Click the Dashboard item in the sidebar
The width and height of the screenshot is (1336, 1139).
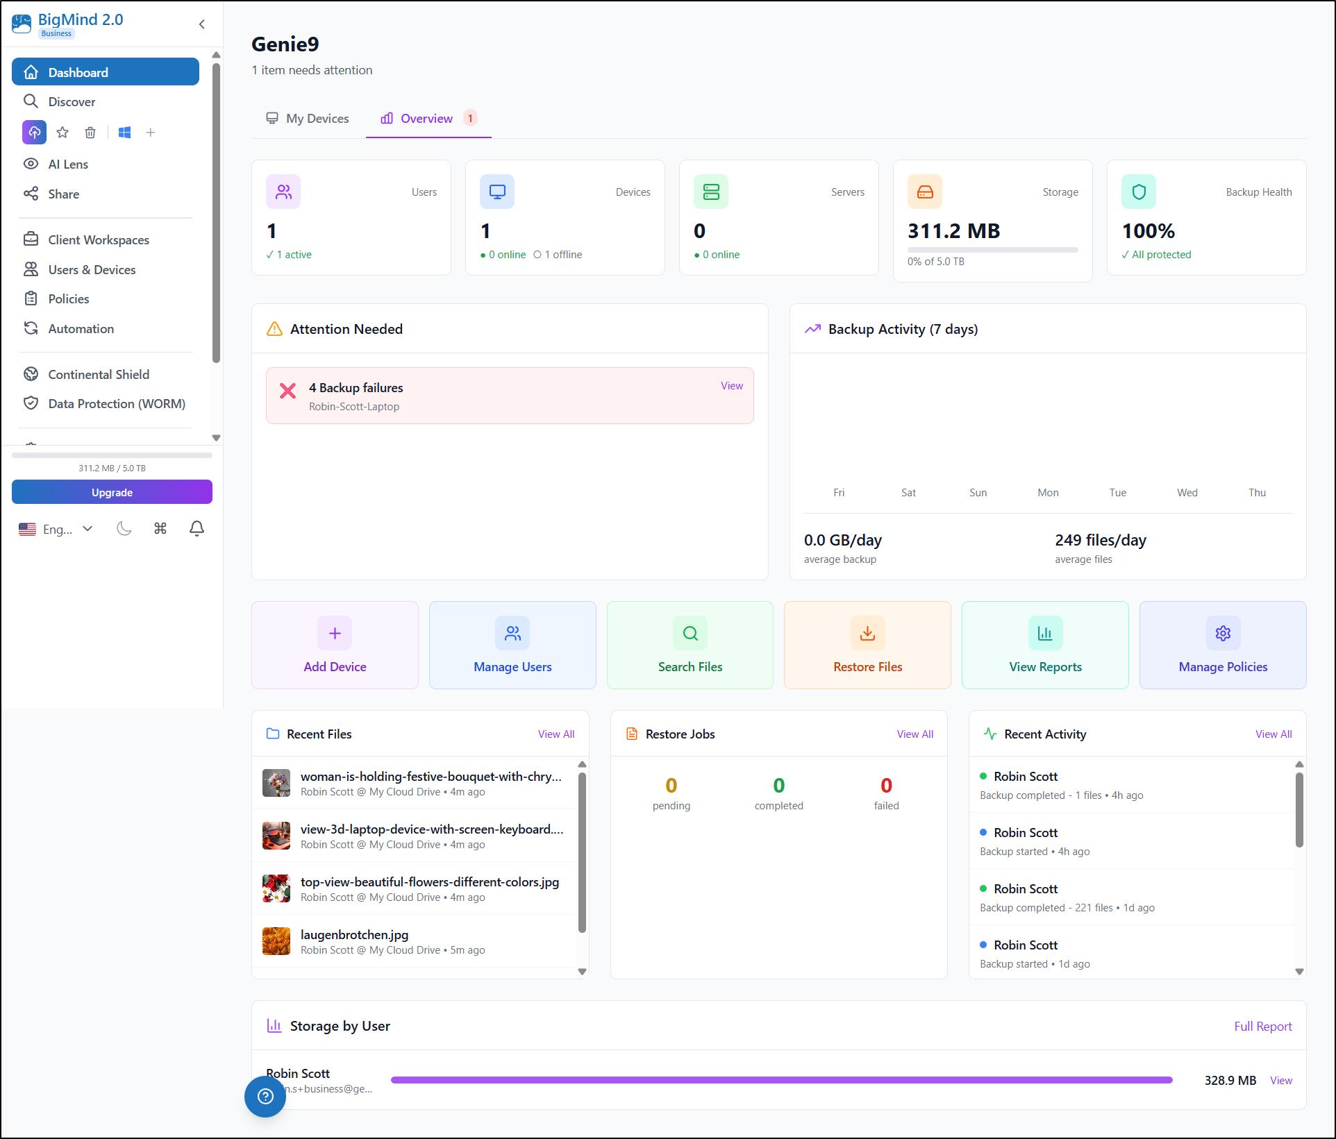[x=105, y=72]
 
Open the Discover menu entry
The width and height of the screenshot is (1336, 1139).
[x=72, y=102]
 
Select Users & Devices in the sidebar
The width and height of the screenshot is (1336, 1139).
[x=92, y=270]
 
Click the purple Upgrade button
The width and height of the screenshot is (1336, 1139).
[x=112, y=492]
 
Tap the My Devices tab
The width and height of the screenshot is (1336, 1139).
[x=308, y=119]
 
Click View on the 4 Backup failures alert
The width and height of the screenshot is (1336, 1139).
[x=731, y=386]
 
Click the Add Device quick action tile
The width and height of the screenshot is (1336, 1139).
[x=335, y=645]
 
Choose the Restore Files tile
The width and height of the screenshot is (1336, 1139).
[x=867, y=645]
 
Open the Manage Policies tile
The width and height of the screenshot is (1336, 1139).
[x=1222, y=645]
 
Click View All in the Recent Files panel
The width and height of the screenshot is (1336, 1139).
[x=556, y=734]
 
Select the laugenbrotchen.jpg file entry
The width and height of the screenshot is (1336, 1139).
[x=354, y=935]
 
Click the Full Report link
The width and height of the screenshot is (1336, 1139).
[x=1262, y=1027]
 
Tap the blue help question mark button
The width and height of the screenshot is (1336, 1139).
[x=265, y=1096]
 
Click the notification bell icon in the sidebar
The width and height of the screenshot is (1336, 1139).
[x=197, y=529]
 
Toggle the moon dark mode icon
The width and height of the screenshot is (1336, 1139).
[x=124, y=529]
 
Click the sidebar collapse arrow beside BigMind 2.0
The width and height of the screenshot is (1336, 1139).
[x=202, y=24]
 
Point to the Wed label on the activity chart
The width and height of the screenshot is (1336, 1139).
[x=1187, y=493]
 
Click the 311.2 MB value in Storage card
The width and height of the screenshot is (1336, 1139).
[x=953, y=231]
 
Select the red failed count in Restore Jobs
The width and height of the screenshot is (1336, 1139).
[x=886, y=786]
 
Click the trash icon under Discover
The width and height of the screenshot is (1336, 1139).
[x=90, y=133]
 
